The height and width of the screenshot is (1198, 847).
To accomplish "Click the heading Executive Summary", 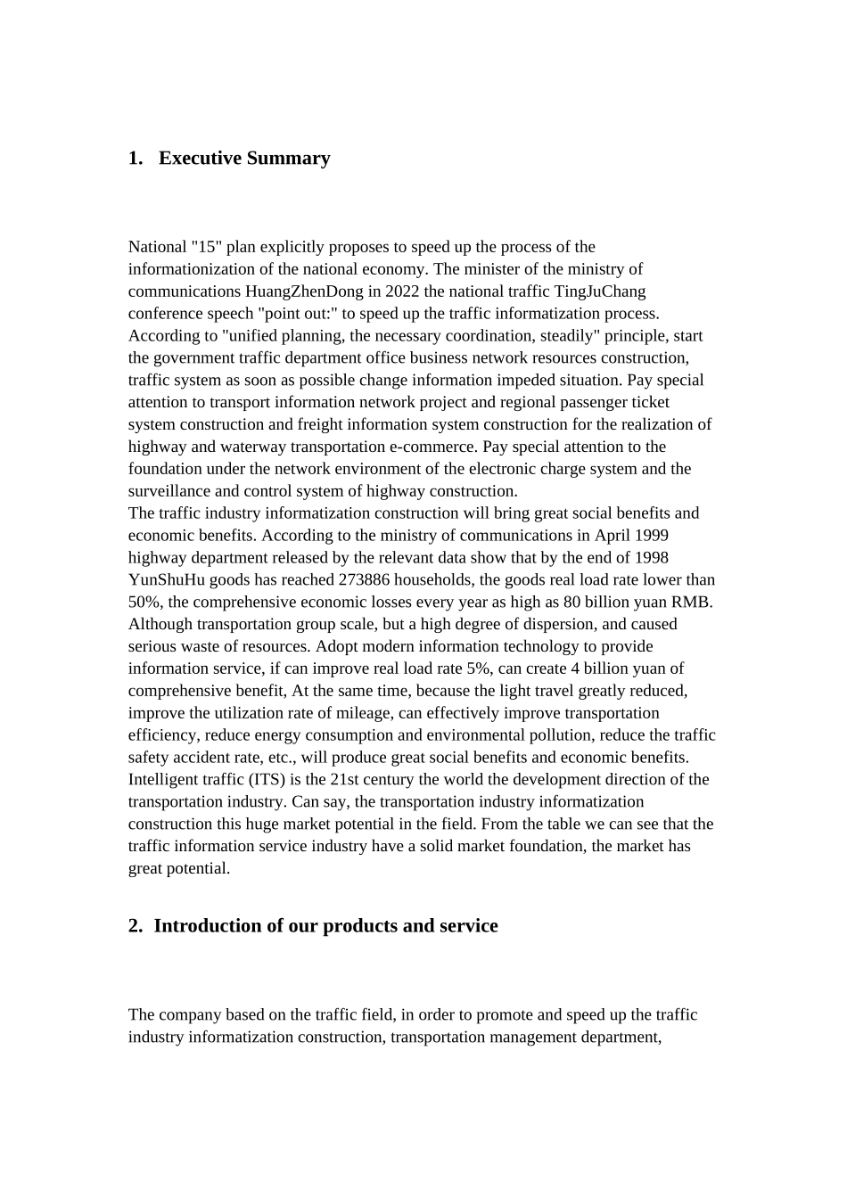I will click(244, 159).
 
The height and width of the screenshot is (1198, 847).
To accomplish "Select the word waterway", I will click(252, 447).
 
